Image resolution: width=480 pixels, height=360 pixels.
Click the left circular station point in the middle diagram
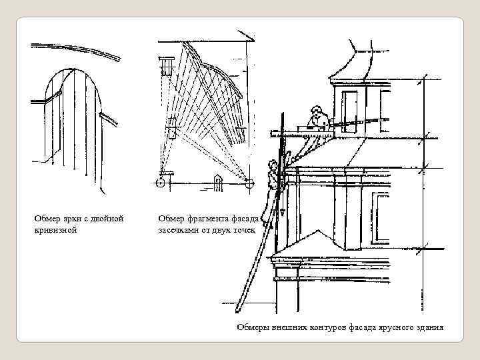[x=161, y=181]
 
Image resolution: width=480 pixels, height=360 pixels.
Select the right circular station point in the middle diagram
[x=248, y=181]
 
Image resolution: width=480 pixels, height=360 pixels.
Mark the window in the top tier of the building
[x=351, y=107]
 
